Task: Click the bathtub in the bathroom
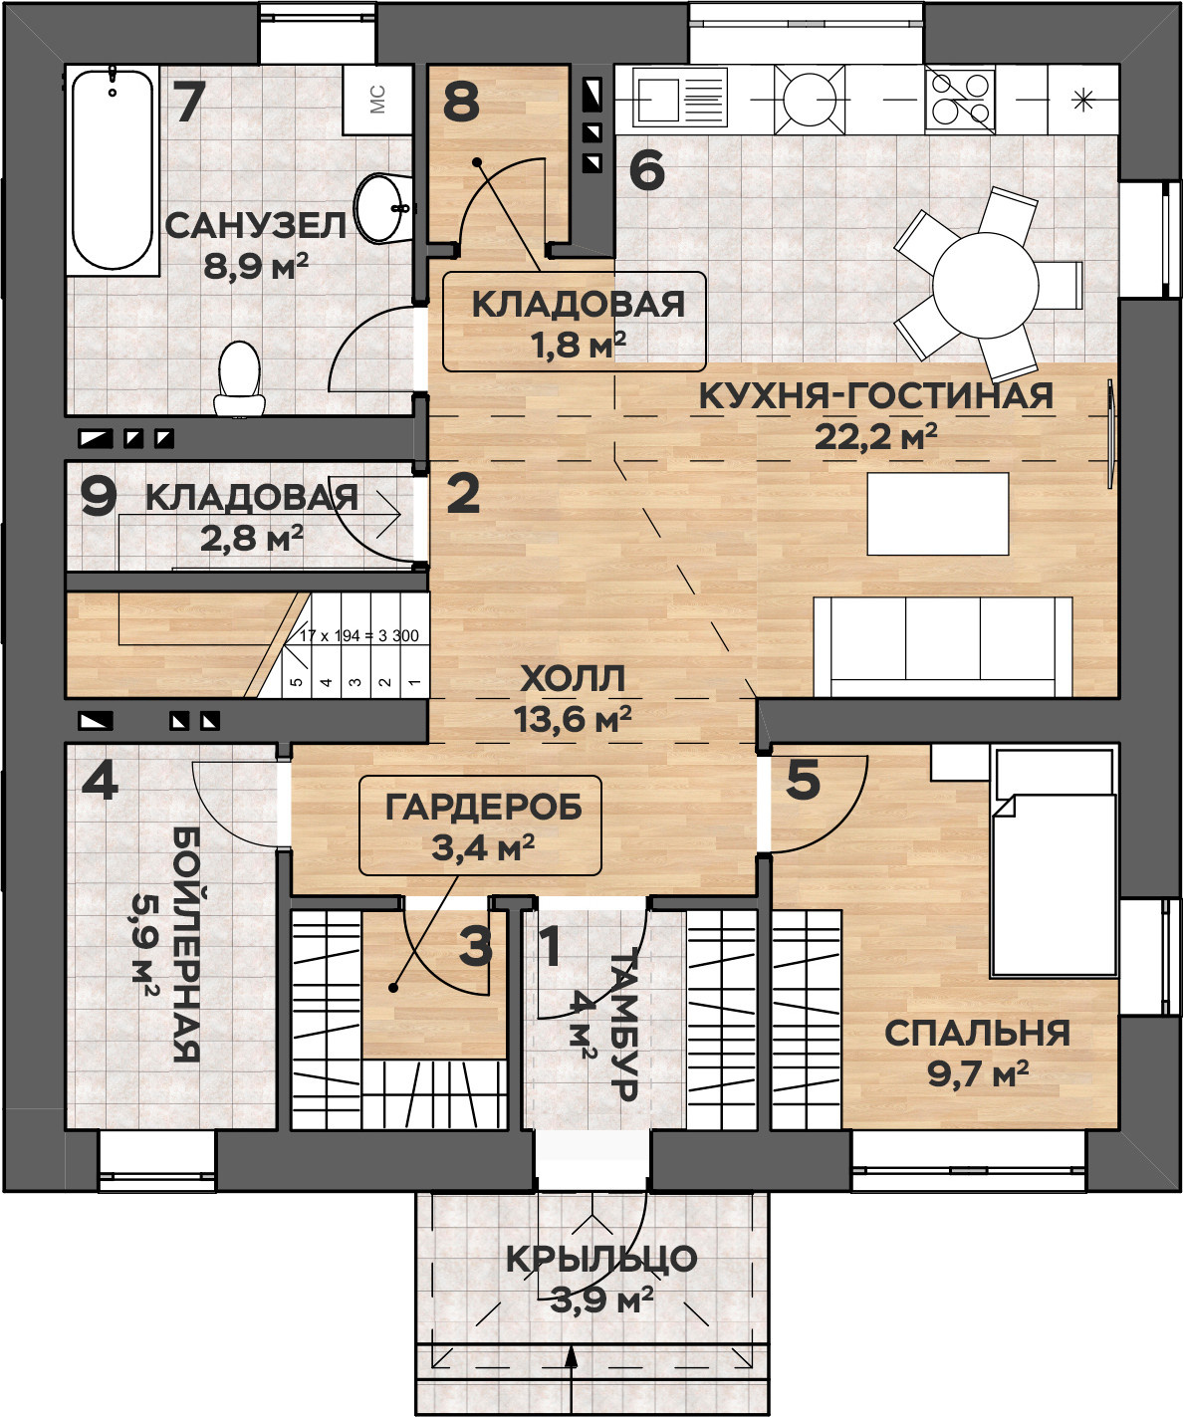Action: [x=113, y=170]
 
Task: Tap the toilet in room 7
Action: [x=240, y=378]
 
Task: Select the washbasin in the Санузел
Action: [x=383, y=207]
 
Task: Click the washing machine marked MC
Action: [x=377, y=100]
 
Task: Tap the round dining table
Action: [x=986, y=285]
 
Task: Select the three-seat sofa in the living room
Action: [x=943, y=646]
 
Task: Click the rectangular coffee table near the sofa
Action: [x=938, y=514]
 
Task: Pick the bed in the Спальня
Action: [x=1054, y=862]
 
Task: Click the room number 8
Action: [x=461, y=103]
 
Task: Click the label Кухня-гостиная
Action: [x=876, y=395]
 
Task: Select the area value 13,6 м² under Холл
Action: [x=573, y=718]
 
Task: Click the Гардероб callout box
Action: [x=480, y=825]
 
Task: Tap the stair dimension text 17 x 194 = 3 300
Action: [x=359, y=636]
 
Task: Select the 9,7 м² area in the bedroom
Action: [x=978, y=1074]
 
